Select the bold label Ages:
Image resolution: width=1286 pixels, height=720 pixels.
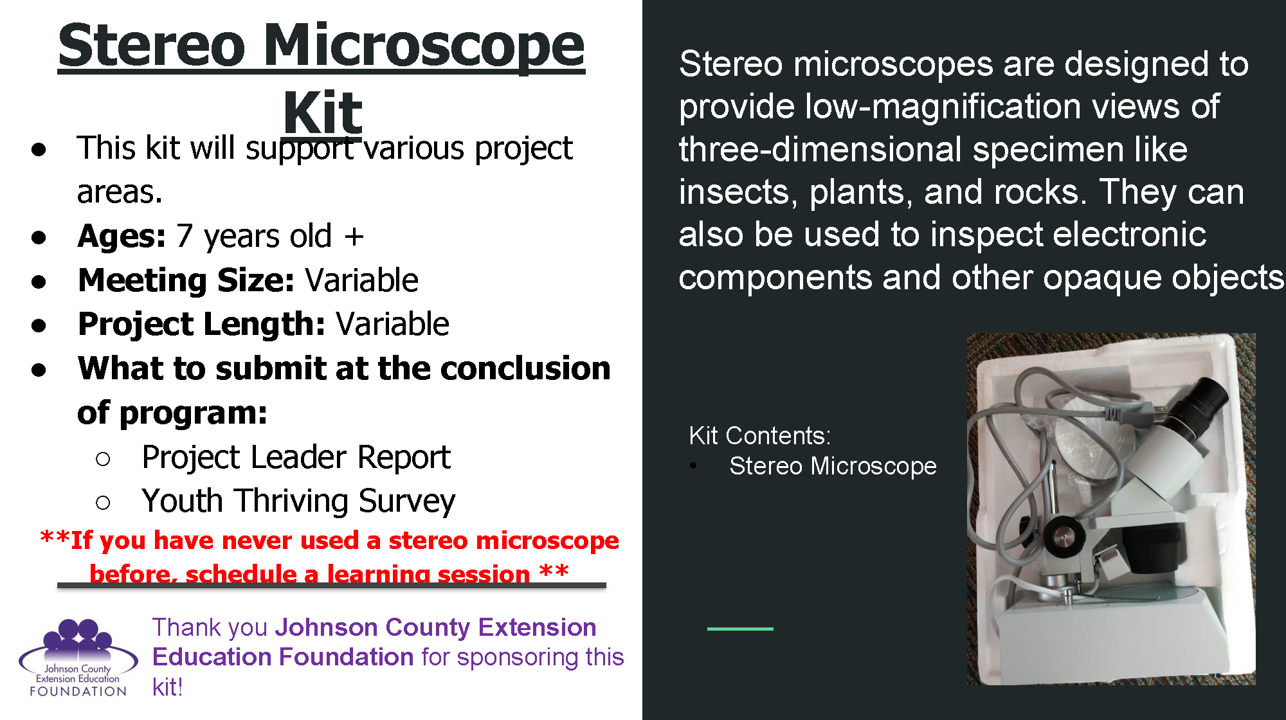[x=122, y=236]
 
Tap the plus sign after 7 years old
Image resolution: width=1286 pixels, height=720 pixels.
[x=354, y=237]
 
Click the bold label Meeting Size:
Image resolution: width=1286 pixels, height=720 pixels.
[x=186, y=280]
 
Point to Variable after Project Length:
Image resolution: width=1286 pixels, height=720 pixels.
[x=392, y=324]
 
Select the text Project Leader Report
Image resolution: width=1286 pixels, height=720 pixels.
[x=296, y=458]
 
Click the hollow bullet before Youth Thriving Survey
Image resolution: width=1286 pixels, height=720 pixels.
[x=103, y=502]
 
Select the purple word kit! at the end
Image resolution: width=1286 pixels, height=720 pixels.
[x=167, y=687]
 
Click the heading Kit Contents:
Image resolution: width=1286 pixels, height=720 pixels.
[x=759, y=436]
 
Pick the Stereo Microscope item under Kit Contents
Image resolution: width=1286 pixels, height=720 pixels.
[x=832, y=466]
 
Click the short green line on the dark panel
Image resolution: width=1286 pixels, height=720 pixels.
[x=740, y=629]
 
